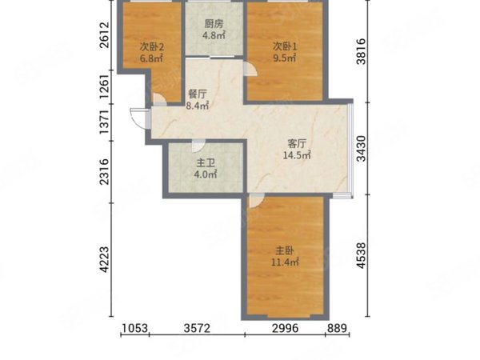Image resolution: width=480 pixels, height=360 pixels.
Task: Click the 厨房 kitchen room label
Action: point(214,23)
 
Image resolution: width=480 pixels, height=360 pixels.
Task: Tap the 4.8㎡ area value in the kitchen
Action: point(214,35)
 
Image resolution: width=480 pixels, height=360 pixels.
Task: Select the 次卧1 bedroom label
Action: point(285,46)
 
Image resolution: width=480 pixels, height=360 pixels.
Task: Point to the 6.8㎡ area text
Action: point(151,58)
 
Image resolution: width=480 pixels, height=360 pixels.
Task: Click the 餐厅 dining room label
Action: point(198,94)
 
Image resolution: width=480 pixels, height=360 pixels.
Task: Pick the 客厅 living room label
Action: point(297,143)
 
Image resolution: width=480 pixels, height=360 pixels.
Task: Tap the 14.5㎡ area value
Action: point(297,155)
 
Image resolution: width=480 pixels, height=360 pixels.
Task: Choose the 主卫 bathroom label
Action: point(206,163)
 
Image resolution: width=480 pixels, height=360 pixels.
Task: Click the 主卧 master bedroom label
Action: point(285,250)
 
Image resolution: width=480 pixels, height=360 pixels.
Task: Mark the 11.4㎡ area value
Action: point(285,262)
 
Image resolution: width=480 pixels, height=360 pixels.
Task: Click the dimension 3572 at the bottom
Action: point(197,328)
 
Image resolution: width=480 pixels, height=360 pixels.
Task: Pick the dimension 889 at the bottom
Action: point(337,328)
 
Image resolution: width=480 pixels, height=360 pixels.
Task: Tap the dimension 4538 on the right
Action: point(362,256)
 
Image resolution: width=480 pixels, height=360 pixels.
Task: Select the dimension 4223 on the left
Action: point(104,259)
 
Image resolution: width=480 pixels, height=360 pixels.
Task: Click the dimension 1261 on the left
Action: point(104,86)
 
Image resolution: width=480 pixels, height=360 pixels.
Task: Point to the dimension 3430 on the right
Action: point(362,149)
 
